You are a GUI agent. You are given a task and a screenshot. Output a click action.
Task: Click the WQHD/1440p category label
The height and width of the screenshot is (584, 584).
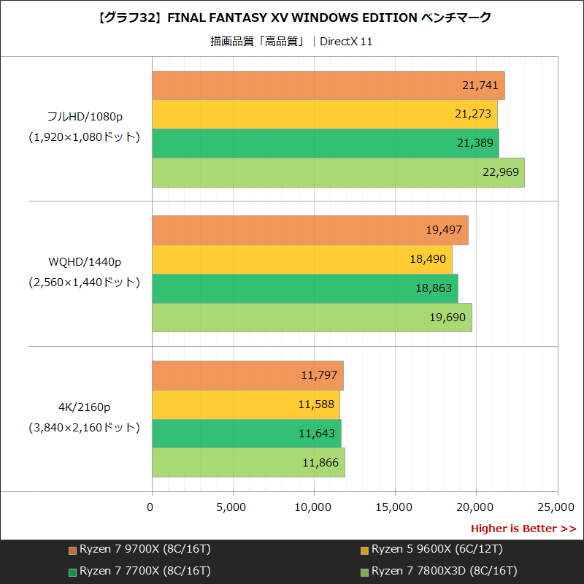[85, 261]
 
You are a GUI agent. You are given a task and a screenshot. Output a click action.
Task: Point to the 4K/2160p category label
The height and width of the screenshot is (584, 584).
[85, 407]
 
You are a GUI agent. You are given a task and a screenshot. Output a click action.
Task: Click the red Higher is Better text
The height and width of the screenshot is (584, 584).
[523, 529]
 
